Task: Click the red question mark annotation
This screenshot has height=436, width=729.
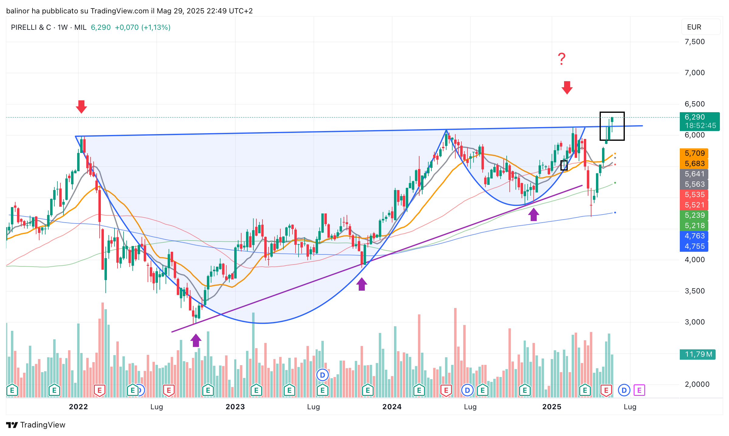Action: [562, 59]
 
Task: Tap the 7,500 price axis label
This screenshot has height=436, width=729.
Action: [695, 42]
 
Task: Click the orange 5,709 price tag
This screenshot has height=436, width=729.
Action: [694, 153]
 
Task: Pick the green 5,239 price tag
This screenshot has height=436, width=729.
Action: [694, 215]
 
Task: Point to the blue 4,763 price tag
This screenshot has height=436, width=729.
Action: [694, 236]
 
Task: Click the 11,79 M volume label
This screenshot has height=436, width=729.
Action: [698, 354]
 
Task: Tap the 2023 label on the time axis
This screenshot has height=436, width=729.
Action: [235, 407]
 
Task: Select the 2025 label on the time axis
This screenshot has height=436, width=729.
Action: [552, 407]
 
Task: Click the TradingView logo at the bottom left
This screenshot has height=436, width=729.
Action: [36, 425]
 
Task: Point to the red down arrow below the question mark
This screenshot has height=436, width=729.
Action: [567, 88]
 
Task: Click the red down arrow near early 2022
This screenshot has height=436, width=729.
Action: [81, 107]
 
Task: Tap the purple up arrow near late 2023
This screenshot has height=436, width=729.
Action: [361, 284]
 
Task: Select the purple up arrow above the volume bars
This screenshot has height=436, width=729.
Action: [196, 340]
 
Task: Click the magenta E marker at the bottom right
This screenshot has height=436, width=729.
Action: [639, 390]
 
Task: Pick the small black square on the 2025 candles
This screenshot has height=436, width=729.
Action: [564, 165]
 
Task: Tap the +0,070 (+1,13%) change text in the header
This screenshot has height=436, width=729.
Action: [143, 27]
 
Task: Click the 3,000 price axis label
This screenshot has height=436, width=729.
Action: [695, 322]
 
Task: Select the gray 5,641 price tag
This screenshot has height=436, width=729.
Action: [694, 174]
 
